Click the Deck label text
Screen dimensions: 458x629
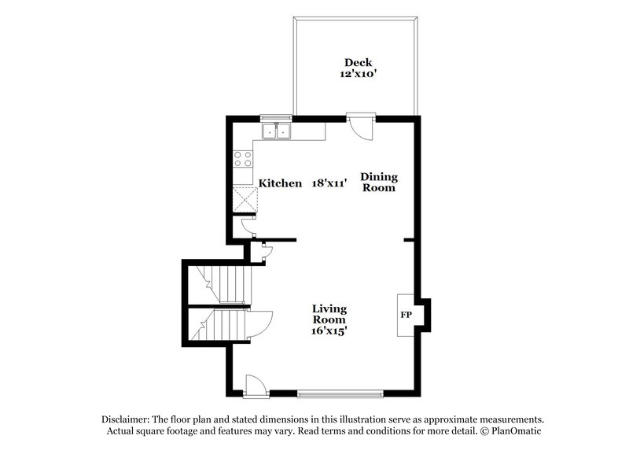(x=356, y=62)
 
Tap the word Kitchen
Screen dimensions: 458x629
(x=281, y=183)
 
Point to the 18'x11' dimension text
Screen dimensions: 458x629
(x=329, y=183)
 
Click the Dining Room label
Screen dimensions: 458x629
(x=379, y=183)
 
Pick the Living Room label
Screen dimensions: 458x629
(x=329, y=314)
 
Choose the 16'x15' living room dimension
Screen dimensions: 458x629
(x=329, y=331)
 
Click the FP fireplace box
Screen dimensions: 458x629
(x=406, y=315)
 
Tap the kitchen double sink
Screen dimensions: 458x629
(x=276, y=131)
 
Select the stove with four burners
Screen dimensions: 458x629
(x=242, y=160)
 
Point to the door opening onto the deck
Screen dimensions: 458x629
(x=362, y=126)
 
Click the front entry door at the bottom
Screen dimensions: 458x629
(x=255, y=385)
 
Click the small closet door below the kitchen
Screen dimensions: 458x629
(x=265, y=252)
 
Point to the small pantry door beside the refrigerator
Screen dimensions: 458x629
(x=248, y=226)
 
